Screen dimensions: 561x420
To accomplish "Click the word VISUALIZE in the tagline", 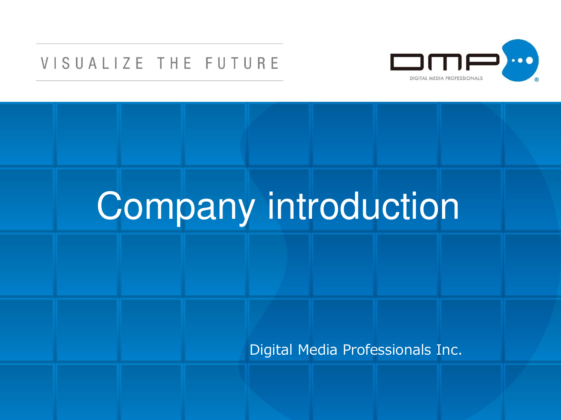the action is pyautogui.click(x=92, y=63).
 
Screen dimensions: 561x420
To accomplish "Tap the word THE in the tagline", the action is pyautogui.click(x=174, y=63).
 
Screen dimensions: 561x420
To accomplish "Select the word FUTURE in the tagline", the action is pyautogui.click(x=242, y=63).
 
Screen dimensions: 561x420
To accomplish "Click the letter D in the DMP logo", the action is pyautogui.click(x=407, y=62).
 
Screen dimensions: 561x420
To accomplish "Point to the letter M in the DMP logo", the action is pyautogui.click(x=445, y=62).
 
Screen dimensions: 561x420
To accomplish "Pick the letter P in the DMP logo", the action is pyautogui.click(x=483, y=62).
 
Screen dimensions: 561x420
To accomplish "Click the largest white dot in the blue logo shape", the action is pyautogui.click(x=529, y=60).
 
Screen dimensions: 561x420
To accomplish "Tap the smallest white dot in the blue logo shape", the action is pyautogui.click(x=514, y=61).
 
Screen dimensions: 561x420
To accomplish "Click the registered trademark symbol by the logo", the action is pyautogui.click(x=536, y=80).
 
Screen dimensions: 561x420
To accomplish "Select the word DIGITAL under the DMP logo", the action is pyautogui.click(x=419, y=78).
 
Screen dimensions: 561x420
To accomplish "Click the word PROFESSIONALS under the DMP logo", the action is pyautogui.click(x=464, y=78).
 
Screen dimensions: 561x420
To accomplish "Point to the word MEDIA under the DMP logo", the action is pyautogui.click(x=436, y=78).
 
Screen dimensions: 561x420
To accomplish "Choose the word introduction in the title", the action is pyautogui.click(x=363, y=206).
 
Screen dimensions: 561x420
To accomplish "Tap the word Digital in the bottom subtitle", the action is pyautogui.click(x=271, y=349).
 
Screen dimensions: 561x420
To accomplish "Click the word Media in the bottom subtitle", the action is pyautogui.click(x=318, y=349).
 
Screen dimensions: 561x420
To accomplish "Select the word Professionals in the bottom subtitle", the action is pyautogui.click(x=387, y=349).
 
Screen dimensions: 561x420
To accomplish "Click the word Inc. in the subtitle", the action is pyautogui.click(x=449, y=349).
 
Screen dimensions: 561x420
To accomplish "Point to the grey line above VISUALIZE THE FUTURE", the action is pyautogui.click(x=160, y=44).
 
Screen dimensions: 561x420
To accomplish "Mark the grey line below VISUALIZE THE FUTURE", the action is pyautogui.click(x=160, y=81).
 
